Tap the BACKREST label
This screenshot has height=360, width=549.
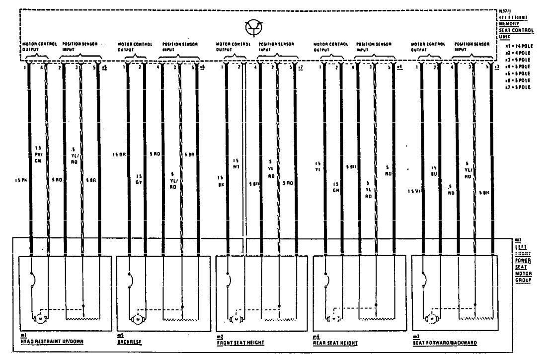pyautogui.click(x=127, y=343)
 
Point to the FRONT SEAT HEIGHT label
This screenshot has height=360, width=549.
pyautogui.click(x=240, y=343)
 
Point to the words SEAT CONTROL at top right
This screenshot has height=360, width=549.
pyautogui.click(x=517, y=30)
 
